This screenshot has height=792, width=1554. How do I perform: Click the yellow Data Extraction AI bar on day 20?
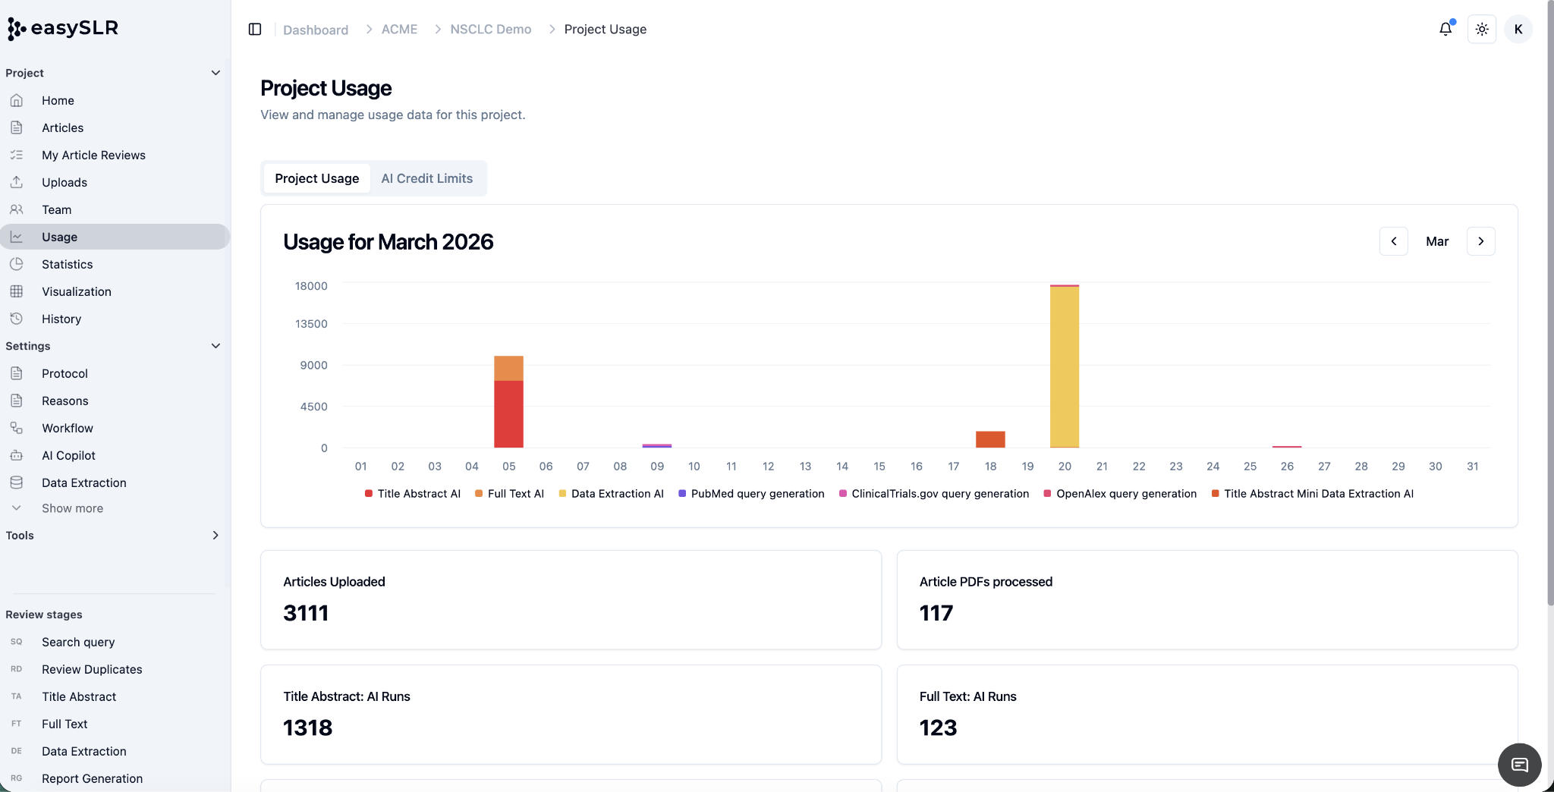click(1065, 367)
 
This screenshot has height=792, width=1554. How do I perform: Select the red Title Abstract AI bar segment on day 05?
click(508, 414)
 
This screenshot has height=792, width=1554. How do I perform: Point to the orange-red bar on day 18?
click(990, 439)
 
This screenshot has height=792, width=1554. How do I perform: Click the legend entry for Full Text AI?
click(509, 494)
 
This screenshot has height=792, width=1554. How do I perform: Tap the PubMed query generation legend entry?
click(751, 494)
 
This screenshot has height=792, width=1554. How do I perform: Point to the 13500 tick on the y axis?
click(311, 324)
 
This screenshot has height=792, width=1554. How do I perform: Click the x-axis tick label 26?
click(1287, 467)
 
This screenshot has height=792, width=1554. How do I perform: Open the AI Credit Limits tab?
click(426, 178)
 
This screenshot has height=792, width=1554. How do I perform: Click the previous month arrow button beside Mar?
click(1394, 241)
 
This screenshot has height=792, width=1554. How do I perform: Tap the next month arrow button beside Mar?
click(1481, 241)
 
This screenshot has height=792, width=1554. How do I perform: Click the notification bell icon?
click(1445, 29)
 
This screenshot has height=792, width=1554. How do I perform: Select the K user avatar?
click(1518, 29)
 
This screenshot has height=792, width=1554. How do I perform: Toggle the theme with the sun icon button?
click(1482, 29)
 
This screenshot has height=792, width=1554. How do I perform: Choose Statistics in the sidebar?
click(68, 264)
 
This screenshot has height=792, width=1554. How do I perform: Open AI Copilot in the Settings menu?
click(68, 455)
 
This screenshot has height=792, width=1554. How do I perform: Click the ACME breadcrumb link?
click(399, 29)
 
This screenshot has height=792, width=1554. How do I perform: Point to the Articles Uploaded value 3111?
click(306, 613)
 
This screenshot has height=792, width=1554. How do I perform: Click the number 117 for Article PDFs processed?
click(936, 613)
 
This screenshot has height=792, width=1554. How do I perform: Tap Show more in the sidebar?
click(72, 508)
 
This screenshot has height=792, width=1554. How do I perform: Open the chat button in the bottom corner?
click(1519, 765)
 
